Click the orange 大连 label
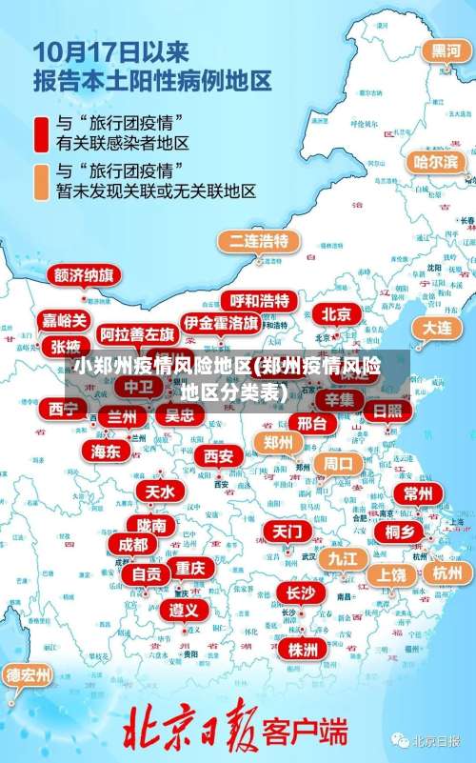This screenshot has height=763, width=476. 438,327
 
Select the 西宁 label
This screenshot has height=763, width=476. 64,409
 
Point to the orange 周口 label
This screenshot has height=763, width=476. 338,464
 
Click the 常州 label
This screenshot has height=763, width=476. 418,493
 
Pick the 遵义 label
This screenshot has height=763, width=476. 185,609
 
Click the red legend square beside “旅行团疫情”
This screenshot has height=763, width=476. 42,133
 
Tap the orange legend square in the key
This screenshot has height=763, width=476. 42,181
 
